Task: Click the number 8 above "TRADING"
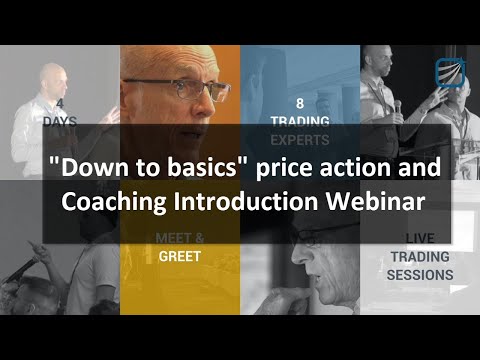[x=299, y=102]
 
